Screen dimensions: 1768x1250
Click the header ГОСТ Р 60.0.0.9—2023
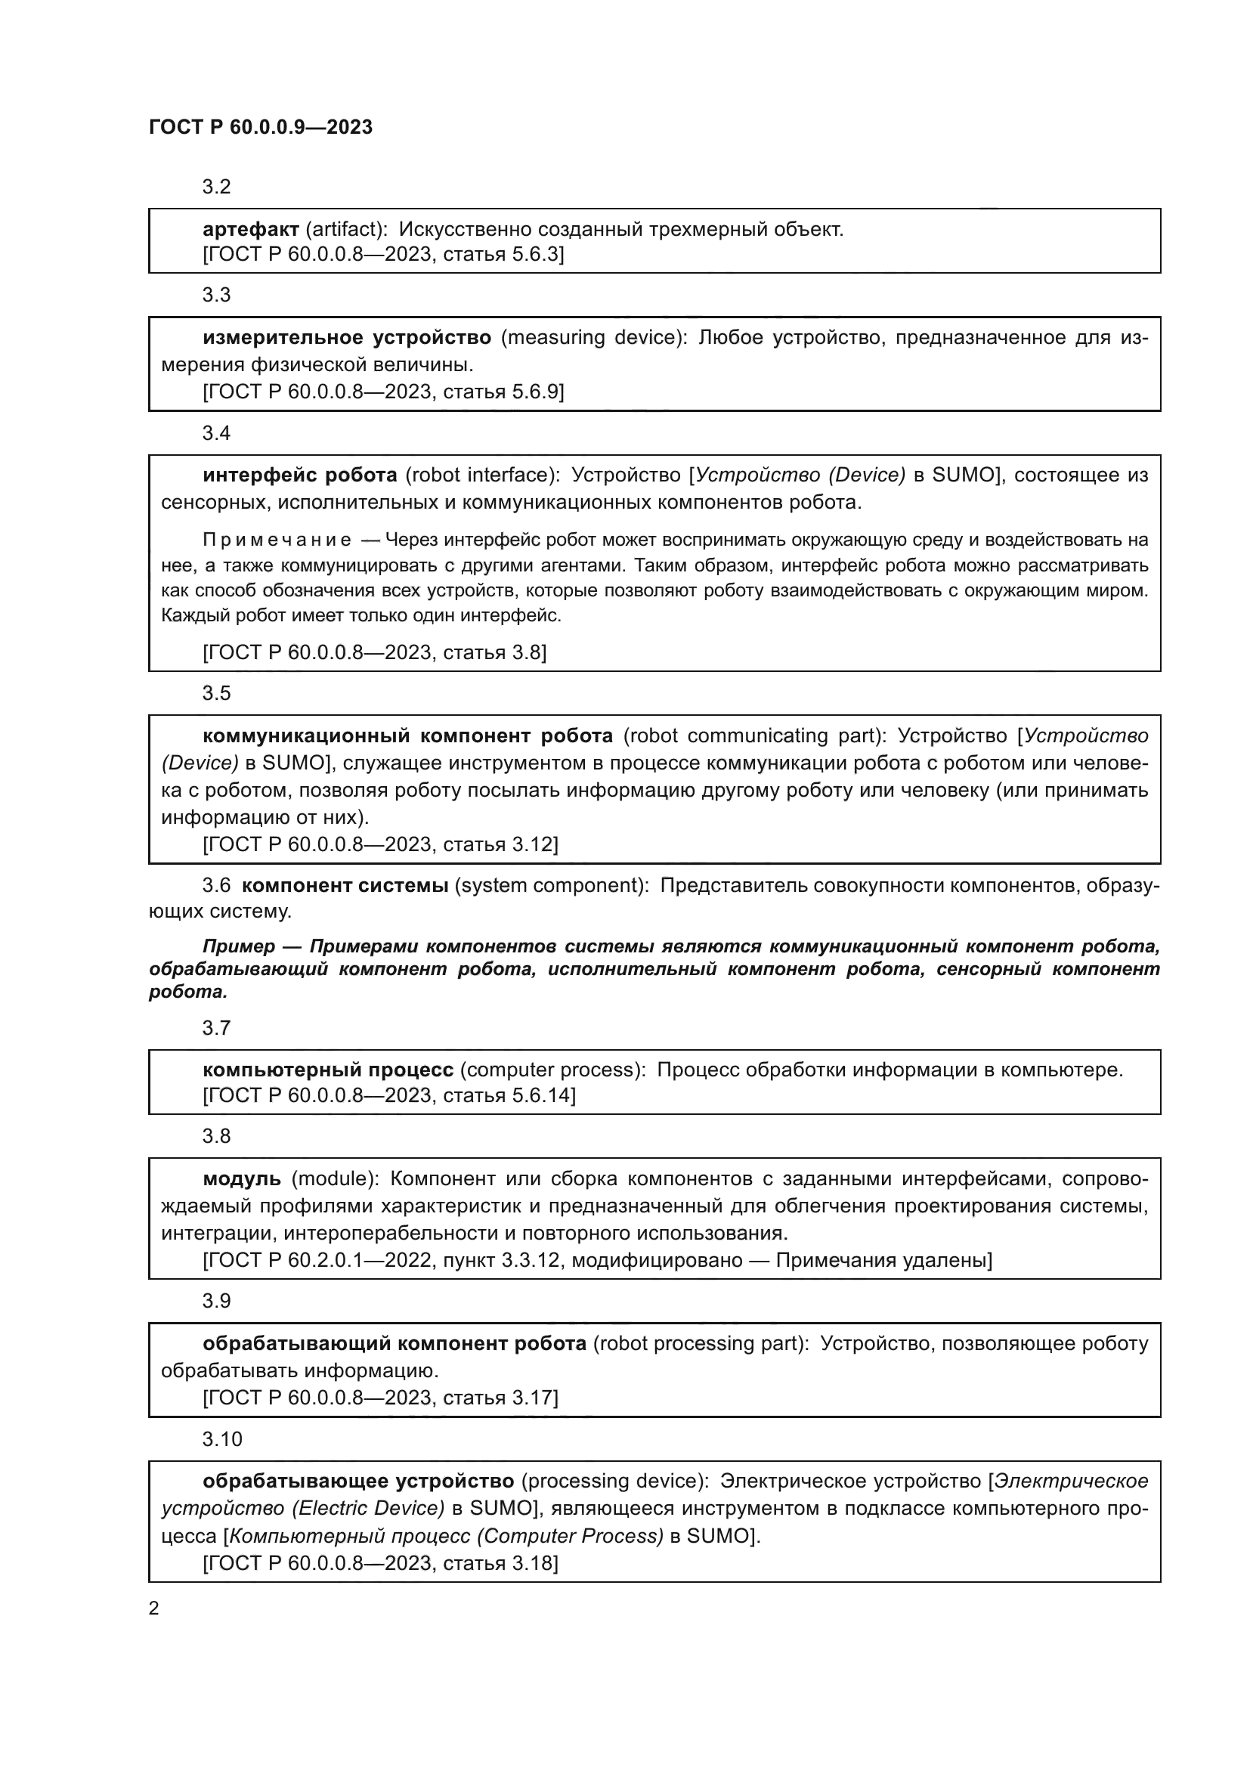pos(260,127)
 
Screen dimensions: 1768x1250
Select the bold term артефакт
pos(251,230)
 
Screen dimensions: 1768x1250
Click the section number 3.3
pos(216,296)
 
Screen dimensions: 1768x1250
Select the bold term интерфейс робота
pos(299,475)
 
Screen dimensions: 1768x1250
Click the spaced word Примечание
pos(277,540)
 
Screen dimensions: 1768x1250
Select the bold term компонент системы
pos(345,886)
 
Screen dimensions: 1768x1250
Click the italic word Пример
pos(238,946)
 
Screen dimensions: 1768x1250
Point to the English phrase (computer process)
pos(552,1070)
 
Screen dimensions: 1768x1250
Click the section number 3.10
pos(221,1439)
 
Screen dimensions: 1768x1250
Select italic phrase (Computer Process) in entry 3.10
pos(570,1536)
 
